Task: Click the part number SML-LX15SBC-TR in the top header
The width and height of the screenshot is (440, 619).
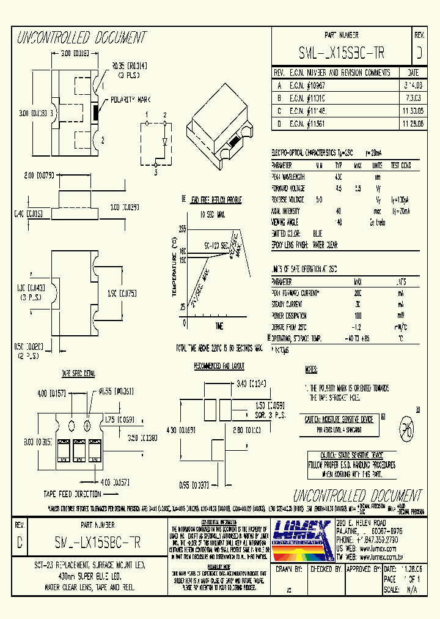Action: pyautogui.click(x=342, y=53)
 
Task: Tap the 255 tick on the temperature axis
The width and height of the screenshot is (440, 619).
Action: pyautogui.click(x=182, y=229)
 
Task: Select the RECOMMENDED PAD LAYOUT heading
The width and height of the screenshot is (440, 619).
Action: pyautogui.click(x=219, y=366)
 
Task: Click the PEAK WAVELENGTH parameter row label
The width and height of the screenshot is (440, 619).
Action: pyautogui.click(x=288, y=176)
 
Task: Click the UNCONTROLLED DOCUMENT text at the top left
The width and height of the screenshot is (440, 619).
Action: pyautogui.click(x=81, y=39)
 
